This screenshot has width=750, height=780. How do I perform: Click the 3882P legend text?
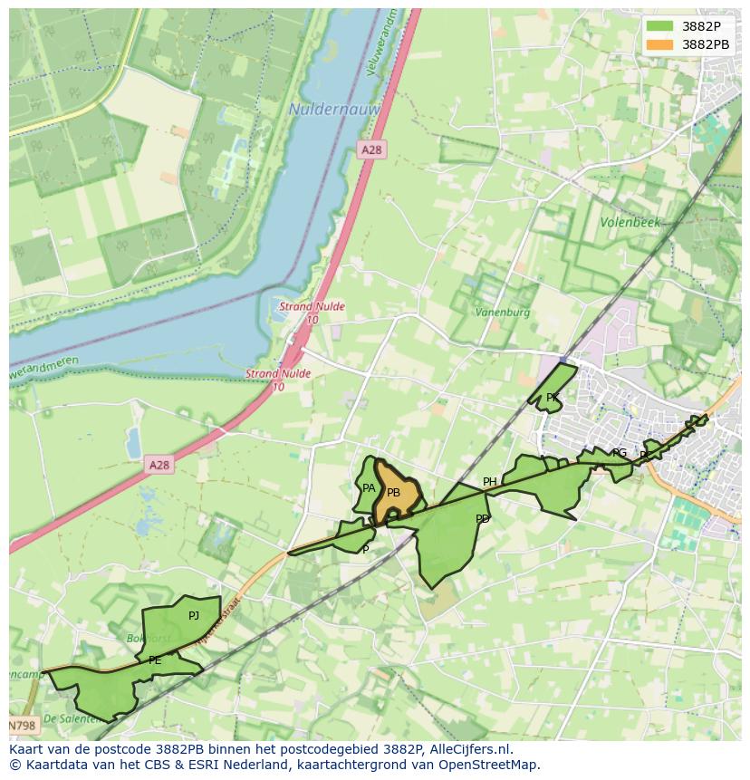click(x=701, y=26)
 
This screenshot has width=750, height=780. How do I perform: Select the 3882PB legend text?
click(x=706, y=44)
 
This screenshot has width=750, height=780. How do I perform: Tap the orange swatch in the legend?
click(x=660, y=44)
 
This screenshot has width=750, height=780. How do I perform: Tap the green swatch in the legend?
click(x=660, y=26)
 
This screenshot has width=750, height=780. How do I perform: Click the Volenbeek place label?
click(x=630, y=222)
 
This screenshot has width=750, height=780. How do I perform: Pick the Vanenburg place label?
click(x=503, y=313)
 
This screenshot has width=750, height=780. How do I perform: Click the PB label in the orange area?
click(x=393, y=493)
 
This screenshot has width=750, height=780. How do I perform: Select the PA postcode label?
click(x=369, y=488)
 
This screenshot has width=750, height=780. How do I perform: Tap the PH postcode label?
click(x=489, y=482)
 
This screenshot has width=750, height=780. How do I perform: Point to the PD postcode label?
click(x=482, y=519)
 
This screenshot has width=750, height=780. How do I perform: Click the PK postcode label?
click(x=552, y=398)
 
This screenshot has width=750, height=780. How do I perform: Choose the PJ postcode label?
click(x=193, y=616)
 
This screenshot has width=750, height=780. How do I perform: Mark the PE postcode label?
click(x=154, y=660)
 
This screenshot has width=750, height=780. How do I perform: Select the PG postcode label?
click(x=620, y=453)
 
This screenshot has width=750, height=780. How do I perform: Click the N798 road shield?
click(x=23, y=726)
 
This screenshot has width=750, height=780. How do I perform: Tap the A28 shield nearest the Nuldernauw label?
click(x=370, y=149)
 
